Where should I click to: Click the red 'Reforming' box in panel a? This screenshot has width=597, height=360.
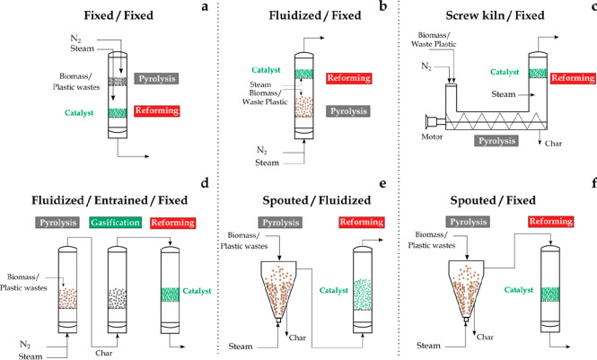[158, 111]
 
